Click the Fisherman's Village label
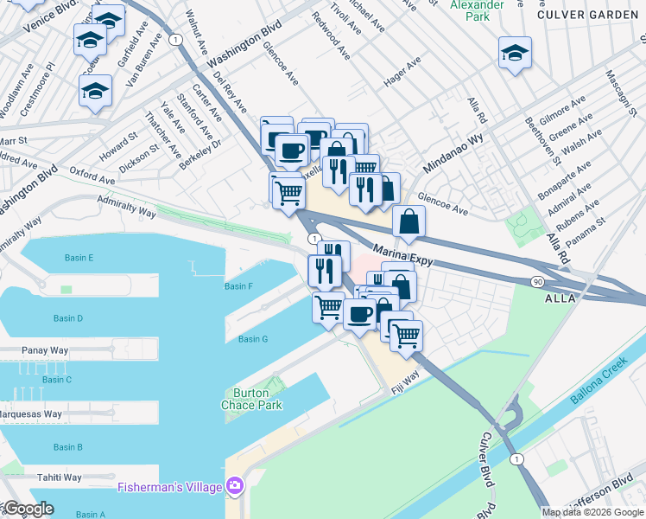click(x=170, y=486)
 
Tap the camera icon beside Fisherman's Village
click(x=232, y=486)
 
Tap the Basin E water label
click(x=79, y=258)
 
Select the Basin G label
click(x=253, y=339)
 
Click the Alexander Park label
click(x=476, y=10)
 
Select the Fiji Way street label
click(x=405, y=379)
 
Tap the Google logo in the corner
click(x=28, y=509)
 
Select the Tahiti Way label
click(x=59, y=477)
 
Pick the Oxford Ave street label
click(x=92, y=176)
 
